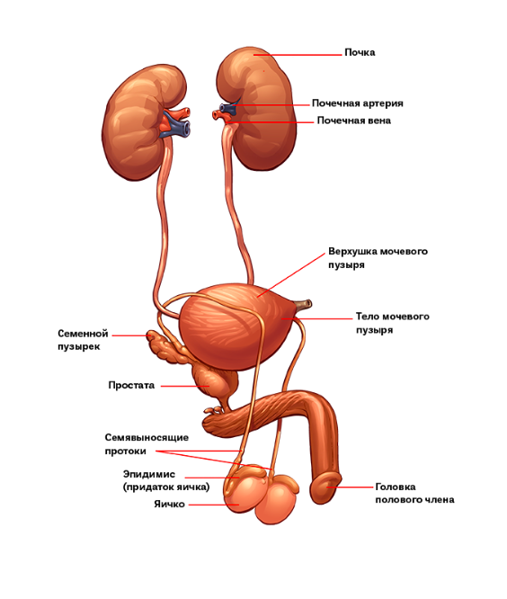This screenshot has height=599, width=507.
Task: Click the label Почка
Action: point(360,52)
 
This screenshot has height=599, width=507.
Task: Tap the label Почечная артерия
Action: point(358,103)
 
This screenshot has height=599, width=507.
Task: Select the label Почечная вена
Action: point(354,121)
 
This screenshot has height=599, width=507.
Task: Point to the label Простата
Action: point(131,385)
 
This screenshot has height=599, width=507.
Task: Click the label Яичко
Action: point(169,505)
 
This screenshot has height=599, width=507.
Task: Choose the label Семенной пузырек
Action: point(83,340)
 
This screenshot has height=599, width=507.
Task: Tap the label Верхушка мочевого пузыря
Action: point(378,258)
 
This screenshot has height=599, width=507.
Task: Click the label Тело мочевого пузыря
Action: point(393,323)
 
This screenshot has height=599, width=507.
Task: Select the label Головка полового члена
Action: point(414,493)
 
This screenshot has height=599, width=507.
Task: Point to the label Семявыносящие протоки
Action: point(147,444)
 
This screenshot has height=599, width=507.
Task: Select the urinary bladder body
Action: point(236,326)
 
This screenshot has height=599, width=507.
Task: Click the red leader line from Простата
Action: point(184,386)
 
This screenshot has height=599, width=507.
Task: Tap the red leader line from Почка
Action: point(298,55)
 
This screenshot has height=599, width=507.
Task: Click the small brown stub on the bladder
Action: point(304,304)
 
